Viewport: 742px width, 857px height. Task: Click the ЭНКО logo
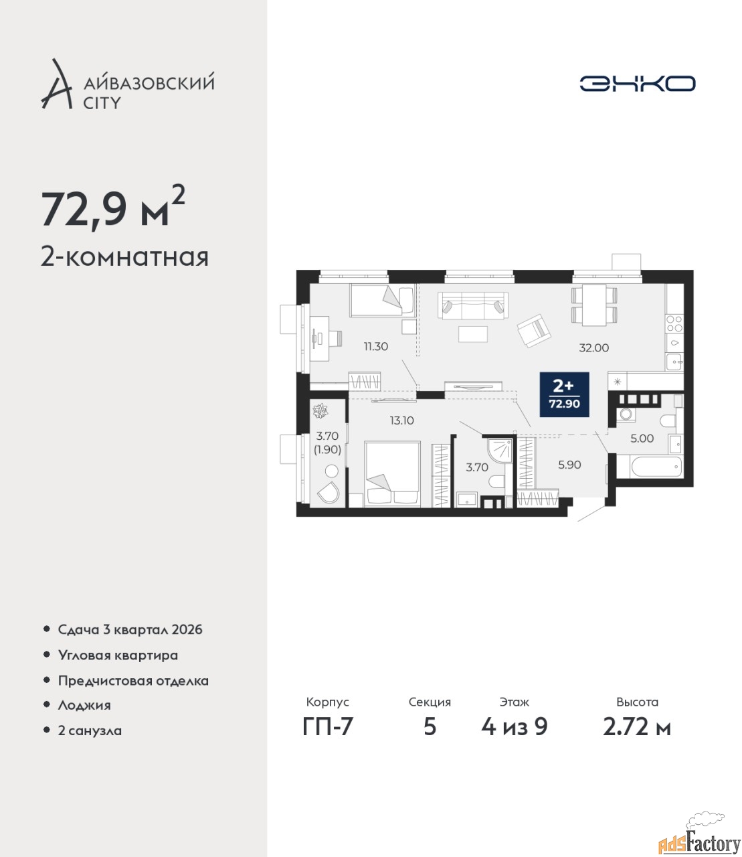pyautogui.click(x=637, y=83)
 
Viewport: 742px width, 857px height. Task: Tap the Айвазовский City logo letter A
pyautogui.click(x=56, y=84)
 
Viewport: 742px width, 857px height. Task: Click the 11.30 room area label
pyautogui.click(x=376, y=346)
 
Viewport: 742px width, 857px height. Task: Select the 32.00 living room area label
pyautogui.click(x=593, y=347)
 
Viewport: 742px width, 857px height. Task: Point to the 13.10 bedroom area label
pyautogui.click(x=401, y=420)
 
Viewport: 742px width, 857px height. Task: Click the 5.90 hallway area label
pyautogui.click(x=569, y=465)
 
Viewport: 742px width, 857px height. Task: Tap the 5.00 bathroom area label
pyautogui.click(x=642, y=439)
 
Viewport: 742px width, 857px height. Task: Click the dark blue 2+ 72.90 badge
pyautogui.click(x=564, y=394)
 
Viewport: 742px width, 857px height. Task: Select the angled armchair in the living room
pyautogui.click(x=534, y=329)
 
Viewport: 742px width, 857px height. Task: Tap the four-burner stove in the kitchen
pyautogui.click(x=674, y=323)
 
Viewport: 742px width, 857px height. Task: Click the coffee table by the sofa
pyautogui.click(x=473, y=334)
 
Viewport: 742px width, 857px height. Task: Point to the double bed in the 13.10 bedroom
pyautogui.click(x=392, y=473)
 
